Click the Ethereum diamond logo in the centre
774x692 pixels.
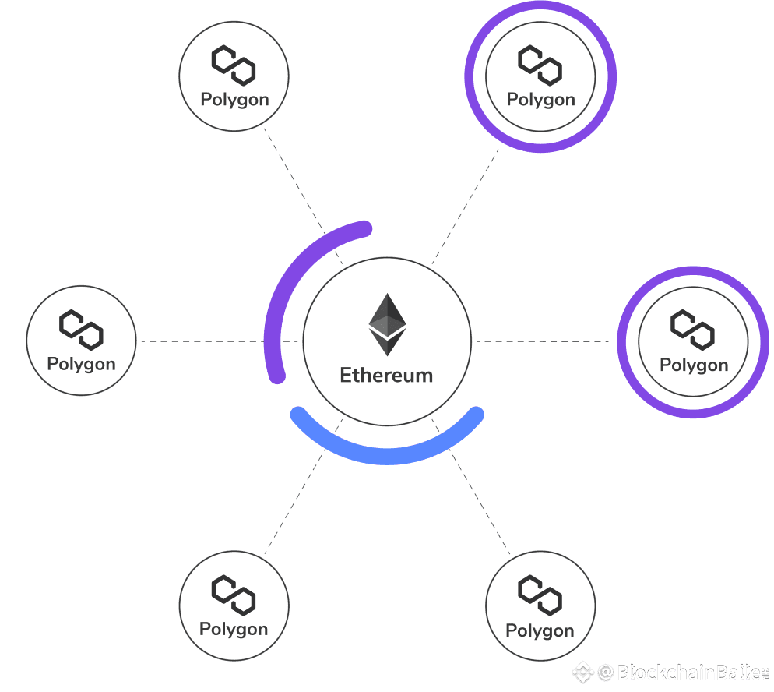tap(387, 324)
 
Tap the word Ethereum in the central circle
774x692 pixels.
tap(386, 375)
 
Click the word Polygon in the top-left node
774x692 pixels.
tap(234, 100)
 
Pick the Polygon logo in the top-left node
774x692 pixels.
tap(234, 65)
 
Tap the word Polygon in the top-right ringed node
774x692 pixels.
tap(540, 100)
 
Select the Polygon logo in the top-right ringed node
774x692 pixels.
tap(540, 65)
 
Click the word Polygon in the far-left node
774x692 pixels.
tap(81, 364)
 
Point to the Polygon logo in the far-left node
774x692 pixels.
tap(82, 330)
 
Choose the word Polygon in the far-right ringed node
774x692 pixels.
tap(694, 365)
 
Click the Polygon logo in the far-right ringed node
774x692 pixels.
tap(693, 330)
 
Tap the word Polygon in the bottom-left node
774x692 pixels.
tap(234, 629)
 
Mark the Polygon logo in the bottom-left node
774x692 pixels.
tap(234, 595)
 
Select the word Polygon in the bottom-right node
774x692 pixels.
tap(540, 630)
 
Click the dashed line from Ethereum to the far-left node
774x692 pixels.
tap(202, 341)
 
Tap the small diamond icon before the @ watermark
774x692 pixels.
tap(582, 672)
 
